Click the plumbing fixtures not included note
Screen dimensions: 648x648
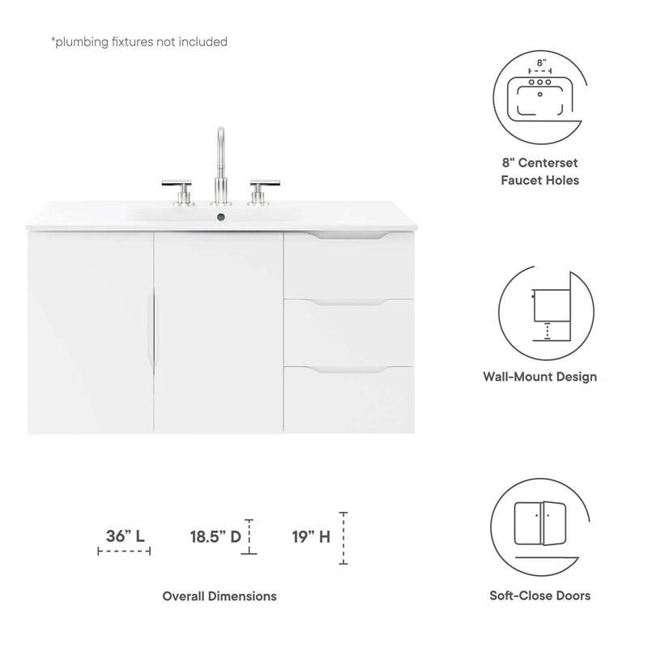139,41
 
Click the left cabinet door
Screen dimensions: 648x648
91,332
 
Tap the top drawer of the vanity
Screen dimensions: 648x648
348,266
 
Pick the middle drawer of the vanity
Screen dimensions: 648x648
348,332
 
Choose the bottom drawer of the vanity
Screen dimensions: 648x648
348,399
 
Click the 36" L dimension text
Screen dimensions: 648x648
126,535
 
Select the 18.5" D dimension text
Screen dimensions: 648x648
215,535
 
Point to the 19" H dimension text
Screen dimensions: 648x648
311,535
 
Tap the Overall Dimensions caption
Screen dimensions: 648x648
220,596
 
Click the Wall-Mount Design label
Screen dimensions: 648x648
539,377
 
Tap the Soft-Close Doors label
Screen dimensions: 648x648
539,595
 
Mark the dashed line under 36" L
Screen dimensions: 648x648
124,552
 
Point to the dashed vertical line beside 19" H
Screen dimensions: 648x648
343,538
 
